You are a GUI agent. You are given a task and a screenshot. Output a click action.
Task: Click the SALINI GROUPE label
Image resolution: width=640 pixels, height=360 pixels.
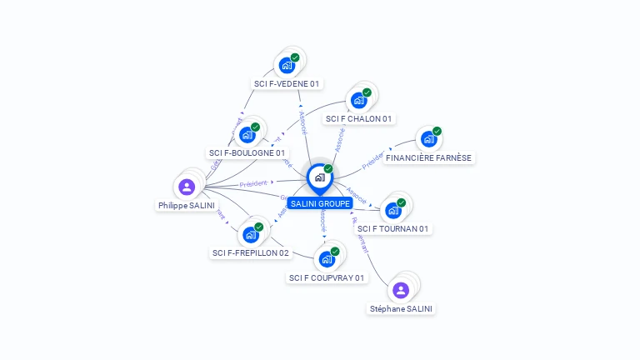(320, 203)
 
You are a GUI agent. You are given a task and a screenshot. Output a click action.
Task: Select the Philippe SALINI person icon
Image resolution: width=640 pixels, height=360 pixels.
(187, 187)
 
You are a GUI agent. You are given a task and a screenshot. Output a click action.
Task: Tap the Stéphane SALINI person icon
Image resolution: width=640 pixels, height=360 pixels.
(401, 290)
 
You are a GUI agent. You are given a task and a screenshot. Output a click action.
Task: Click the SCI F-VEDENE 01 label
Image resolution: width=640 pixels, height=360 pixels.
(287, 83)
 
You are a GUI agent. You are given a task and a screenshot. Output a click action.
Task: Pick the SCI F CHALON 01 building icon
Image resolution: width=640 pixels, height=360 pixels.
(358, 101)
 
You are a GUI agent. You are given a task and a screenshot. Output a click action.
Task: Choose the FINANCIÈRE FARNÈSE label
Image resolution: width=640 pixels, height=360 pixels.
(429, 157)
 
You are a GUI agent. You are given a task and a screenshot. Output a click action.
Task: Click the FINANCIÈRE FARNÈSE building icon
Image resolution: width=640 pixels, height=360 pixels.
(428, 139)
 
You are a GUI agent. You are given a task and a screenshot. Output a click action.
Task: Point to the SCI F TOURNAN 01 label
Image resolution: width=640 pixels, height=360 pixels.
(393, 228)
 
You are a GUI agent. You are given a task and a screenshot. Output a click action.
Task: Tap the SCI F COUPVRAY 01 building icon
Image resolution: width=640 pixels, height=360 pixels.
(327, 259)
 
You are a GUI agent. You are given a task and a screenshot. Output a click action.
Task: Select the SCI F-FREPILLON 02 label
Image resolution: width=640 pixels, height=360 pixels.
(251, 252)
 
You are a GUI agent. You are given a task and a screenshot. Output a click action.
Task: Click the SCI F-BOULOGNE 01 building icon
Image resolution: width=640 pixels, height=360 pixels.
(247, 135)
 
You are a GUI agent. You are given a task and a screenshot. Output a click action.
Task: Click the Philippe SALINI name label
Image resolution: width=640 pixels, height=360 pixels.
(187, 205)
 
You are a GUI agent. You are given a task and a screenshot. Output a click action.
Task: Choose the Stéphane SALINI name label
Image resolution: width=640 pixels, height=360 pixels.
(401, 308)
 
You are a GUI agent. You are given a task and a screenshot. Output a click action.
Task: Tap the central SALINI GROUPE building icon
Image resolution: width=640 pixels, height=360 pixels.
(319, 177)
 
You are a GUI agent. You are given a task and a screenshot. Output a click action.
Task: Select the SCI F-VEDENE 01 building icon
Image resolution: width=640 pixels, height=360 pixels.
(287, 65)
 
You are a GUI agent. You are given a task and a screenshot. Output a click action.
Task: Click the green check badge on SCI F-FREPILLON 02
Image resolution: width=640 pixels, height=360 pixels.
(259, 227)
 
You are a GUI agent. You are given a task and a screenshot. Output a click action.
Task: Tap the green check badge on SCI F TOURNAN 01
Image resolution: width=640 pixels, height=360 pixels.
(401, 202)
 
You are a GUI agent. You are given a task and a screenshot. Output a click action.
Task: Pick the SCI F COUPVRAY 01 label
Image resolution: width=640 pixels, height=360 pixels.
(327, 277)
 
